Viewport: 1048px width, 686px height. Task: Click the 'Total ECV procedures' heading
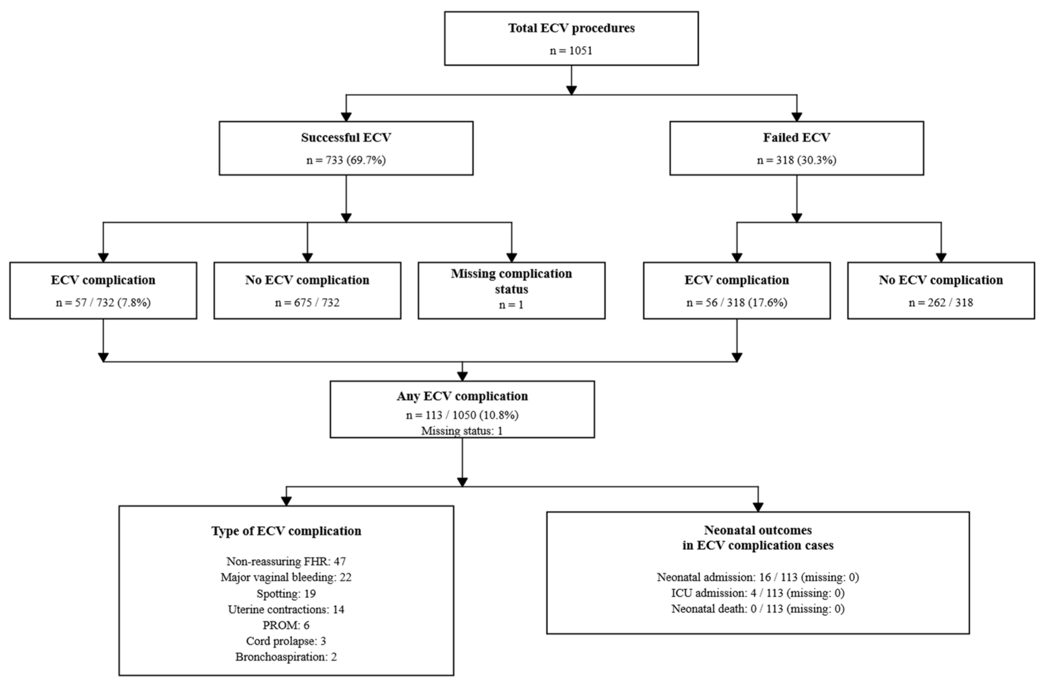point(571,28)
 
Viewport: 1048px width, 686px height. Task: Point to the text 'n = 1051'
point(571,51)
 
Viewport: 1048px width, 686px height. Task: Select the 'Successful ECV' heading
point(346,138)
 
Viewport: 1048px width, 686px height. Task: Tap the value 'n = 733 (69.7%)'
point(346,160)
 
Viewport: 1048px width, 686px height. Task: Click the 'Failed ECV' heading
point(796,138)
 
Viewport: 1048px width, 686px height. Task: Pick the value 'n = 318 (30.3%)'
point(796,160)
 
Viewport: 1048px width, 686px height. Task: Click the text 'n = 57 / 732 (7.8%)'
point(103,303)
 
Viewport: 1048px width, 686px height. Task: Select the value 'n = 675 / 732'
point(308,303)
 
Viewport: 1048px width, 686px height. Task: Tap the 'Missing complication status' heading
point(511,282)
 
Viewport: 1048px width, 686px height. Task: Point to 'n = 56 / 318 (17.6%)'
point(737,303)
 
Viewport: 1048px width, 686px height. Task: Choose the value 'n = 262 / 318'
point(941,303)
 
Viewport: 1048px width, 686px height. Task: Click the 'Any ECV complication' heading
point(462,396)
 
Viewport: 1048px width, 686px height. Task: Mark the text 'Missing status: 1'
point(462,431)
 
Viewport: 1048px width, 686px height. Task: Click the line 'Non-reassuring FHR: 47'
point(286,561)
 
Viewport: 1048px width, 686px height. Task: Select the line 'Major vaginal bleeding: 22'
point(286,577)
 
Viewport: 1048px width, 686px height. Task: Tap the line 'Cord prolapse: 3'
point(286,641)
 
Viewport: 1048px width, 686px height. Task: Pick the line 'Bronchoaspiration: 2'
point(286,657)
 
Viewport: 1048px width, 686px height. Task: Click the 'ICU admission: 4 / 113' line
point(758,593)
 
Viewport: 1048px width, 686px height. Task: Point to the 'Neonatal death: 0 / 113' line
point(758,609)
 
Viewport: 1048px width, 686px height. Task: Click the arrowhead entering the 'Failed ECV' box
point(796,117)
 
